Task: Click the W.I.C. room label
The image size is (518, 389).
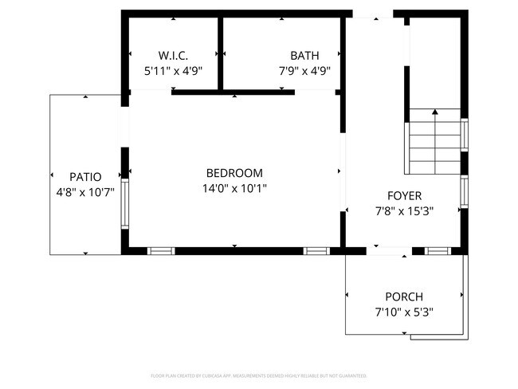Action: click(173, 56)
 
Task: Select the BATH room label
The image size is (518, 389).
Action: click(304, 56)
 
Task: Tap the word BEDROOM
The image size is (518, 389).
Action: click(233, 173)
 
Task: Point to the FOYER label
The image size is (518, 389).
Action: click(404, 195)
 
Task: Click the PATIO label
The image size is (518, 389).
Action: click(85, 176)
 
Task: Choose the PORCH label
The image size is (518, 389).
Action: click(404, 297)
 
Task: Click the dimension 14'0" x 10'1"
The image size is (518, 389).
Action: click(233, 189)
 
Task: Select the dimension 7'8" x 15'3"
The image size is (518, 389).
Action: click(404, 211)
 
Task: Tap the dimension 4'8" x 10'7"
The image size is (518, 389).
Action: click(85, 192)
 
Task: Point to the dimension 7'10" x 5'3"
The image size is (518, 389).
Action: click(404, 312)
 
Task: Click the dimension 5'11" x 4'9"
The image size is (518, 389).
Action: click(173, 70)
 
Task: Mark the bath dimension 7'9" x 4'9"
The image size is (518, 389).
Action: click(304, 70)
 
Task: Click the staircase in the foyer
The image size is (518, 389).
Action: click(434, 142)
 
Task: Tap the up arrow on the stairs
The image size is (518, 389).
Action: click(434, 113)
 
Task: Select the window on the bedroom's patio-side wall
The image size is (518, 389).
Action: click(124, 204)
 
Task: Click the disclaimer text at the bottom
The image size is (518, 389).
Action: click(259, 375)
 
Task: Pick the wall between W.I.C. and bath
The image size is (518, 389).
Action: click(219, 52)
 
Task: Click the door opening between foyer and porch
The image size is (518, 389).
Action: click(388, 251)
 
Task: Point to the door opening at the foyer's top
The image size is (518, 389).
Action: click(372, 14)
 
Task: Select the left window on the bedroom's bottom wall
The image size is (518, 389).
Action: click(161, 251)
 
